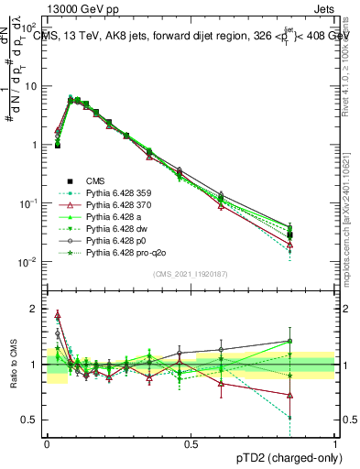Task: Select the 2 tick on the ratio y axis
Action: (x=35, y=308)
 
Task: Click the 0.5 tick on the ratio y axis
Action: (x=31, y=420)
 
